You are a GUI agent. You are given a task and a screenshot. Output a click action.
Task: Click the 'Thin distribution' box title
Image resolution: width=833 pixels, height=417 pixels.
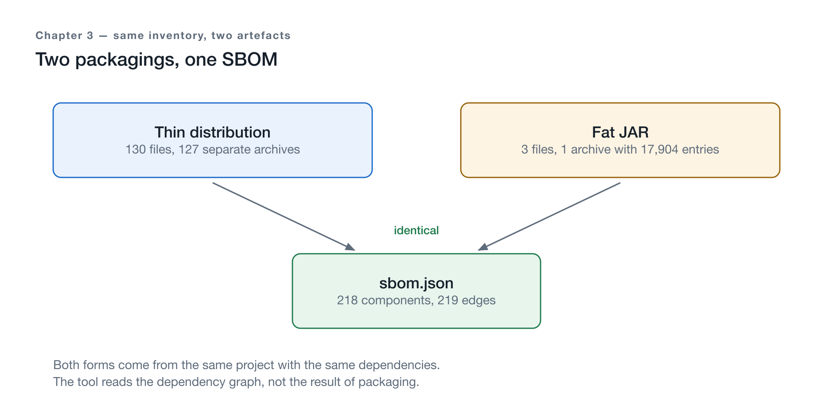tap(213, 132)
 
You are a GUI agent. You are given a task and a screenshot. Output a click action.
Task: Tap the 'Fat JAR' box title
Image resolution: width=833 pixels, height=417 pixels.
tap(620, 132)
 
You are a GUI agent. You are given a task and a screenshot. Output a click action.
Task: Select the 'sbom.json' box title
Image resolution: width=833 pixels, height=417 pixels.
tap(416, 283)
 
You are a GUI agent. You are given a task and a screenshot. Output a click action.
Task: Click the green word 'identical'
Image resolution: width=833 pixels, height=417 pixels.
tap(416, 230)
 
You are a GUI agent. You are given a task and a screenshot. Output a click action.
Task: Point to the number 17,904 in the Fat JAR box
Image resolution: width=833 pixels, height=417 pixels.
tap(660, 149)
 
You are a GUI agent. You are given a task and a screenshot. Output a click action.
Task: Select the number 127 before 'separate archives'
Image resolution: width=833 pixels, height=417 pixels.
tap(188, 149)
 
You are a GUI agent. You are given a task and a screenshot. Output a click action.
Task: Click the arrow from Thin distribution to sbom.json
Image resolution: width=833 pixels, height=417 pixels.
tap(284, 216)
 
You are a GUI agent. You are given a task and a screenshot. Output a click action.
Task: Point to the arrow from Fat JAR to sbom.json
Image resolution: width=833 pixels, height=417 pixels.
tap(549, 216)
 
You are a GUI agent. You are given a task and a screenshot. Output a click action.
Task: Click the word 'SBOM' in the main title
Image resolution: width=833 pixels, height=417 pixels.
tap(250, 59)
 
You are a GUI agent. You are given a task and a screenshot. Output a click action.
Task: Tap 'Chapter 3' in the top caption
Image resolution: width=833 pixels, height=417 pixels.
tap(65, 35)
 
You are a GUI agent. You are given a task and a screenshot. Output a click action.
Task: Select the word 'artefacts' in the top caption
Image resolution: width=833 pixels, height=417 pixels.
tap(264, 35)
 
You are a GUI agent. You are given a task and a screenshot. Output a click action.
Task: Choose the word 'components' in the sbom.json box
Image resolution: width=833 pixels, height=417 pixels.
tap(397, 301)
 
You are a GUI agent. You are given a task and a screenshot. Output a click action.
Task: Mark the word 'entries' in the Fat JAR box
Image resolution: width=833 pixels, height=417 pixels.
tap(701, 149)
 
